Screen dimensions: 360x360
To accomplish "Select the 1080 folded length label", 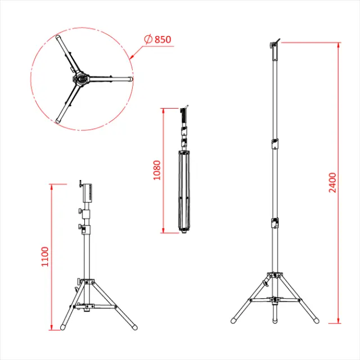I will pyautogui.click(x=157, y=170).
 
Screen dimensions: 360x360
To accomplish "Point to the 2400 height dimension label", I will pyautogui.click(x=333, y=182).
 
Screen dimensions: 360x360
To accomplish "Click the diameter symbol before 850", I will pyautogui.click(x=148, y=39).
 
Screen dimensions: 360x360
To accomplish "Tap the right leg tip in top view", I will pyautogui.click(x=130, y=80).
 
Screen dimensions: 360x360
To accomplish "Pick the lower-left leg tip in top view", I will pyautogui.click(x=58, y=120).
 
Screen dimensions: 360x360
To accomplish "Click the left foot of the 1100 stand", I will pyautogui.click(x=64, y=326).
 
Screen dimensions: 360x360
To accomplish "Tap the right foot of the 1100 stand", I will pyautogui.click(x=135, y=326).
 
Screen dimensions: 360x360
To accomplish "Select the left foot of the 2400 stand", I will pyautogui.click(x=233, y=321).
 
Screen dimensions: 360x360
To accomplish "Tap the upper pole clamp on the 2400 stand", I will pyautogui.click(x=274, y=143).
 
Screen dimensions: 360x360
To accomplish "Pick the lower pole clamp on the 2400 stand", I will pyautogui.click(x=274, y=223).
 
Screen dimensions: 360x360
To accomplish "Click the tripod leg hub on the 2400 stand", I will pyautogui.click(x=274, y=277).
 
